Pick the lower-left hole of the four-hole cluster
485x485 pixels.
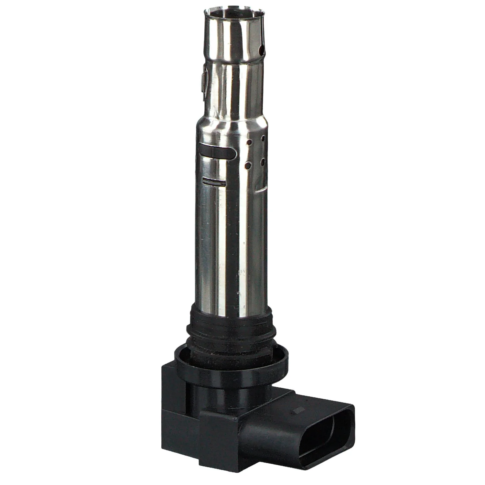pyautogui.click(x=248, y=166)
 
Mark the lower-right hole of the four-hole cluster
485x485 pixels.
pyautogui.click(x=263, y=160)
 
